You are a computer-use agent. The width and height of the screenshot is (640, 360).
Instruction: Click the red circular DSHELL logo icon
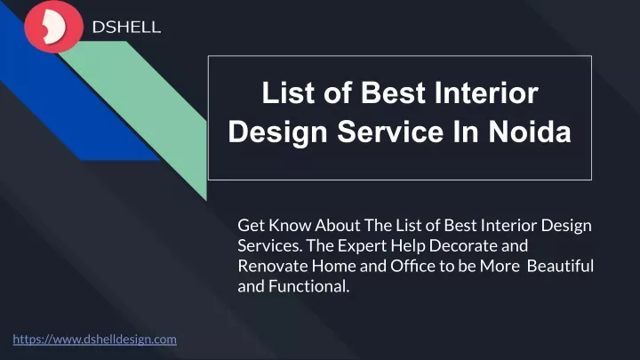pos(54,27)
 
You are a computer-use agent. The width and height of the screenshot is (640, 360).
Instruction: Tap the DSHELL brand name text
pos(126,28)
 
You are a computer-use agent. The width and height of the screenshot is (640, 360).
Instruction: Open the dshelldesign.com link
pos(95,340)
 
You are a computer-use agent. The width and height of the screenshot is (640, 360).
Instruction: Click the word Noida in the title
pos(530,132)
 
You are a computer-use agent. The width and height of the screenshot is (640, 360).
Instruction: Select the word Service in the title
pos(390,132)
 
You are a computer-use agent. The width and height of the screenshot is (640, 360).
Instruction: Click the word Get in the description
pos(251,225)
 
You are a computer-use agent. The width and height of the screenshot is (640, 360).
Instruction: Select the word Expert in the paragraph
pos(362,245)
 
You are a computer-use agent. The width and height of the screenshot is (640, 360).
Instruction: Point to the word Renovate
pos(273,266)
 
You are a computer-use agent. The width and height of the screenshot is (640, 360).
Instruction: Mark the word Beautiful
pos(560,266)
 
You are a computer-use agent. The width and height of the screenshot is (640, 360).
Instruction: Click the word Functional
pos(309,286)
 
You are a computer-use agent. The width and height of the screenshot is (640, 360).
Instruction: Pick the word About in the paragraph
pos(338,225)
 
